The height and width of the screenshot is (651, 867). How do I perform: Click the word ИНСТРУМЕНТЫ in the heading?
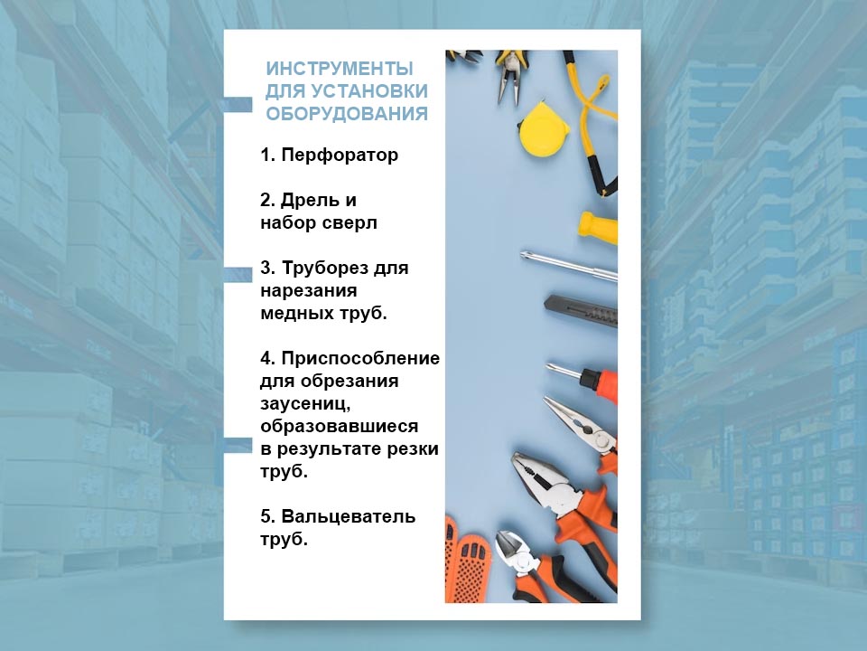[x=340, y=70]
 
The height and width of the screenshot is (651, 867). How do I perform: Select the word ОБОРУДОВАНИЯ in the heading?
[x=346, y=115]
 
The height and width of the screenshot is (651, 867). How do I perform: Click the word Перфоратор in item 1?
[x=340, y=156]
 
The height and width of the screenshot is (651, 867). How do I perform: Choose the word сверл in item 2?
[x=351, y=222]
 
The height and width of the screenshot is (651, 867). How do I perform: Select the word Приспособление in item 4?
[x=360, y=359]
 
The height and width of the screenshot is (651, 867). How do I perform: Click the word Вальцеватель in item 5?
[x=349, y=517]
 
